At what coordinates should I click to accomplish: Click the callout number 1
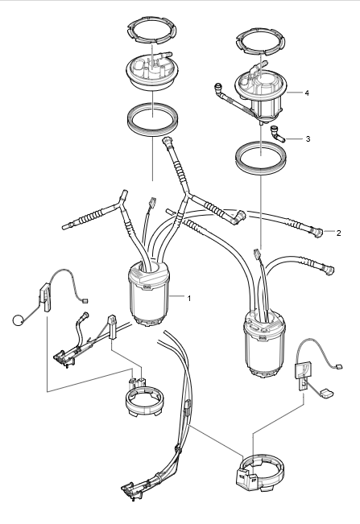point(189,298)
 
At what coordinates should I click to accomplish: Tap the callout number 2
point(338,233)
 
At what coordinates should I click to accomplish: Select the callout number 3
point(308,138)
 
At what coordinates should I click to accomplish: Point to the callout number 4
point(307,93)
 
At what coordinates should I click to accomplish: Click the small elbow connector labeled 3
point(277,134)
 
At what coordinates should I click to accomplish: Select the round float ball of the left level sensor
point(18,320)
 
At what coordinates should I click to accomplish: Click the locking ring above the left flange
point(151,31)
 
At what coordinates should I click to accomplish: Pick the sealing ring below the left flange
point(153,119)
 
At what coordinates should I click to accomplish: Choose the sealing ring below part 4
point(261,158)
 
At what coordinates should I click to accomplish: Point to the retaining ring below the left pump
point(143,398)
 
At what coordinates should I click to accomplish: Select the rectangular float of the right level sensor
point(325,394)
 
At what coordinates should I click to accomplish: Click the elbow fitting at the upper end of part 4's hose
point(218,88)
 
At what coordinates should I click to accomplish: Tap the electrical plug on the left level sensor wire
point(85,300)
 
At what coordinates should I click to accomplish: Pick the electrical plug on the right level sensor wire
point(339,366)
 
